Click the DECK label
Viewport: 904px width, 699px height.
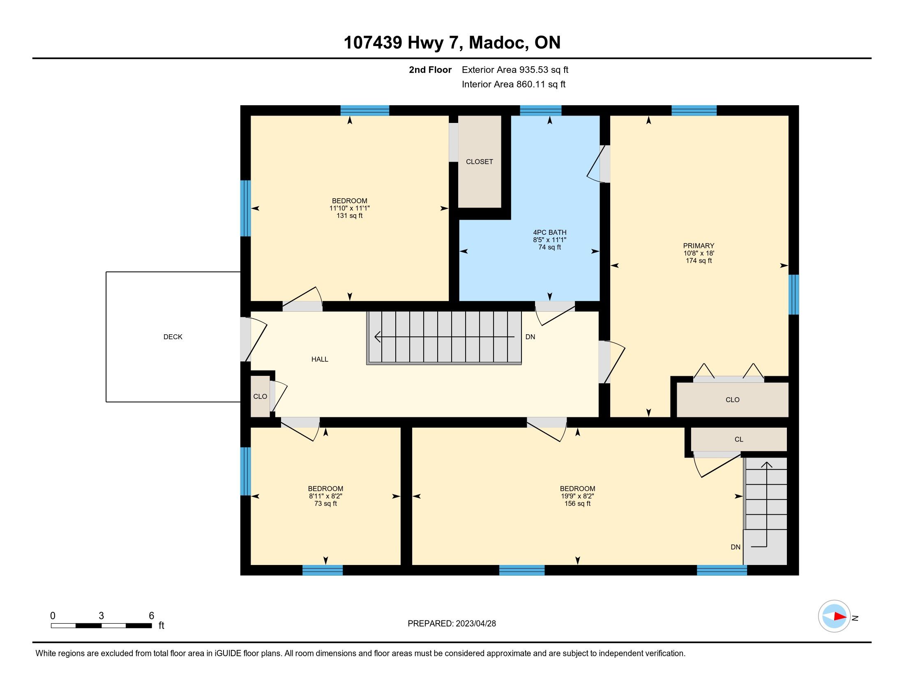point(173,337)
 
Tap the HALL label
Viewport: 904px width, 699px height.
point(320,359)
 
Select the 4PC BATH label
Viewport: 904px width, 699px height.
point(550,232)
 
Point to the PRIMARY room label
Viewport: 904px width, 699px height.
point(699,245)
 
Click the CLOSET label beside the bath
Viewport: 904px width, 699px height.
point(479,162)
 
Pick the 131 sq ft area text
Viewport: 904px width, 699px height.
point(349,215)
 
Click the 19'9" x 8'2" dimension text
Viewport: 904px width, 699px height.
point(577,496)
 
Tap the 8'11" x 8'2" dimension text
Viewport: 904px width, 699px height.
point(325,496)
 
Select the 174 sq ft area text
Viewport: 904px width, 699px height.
point(699,260)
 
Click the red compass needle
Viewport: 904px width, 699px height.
point(840,616)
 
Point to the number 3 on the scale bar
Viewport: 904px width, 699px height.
point(101,616)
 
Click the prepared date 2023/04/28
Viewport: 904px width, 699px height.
point(475,623)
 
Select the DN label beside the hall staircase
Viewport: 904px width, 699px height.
point(530,337)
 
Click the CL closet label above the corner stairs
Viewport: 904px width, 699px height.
point(739,440)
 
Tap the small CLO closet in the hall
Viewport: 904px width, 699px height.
point(260,396)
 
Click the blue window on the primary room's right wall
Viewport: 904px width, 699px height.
point(793,294)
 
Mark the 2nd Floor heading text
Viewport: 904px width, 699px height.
point(430,69)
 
